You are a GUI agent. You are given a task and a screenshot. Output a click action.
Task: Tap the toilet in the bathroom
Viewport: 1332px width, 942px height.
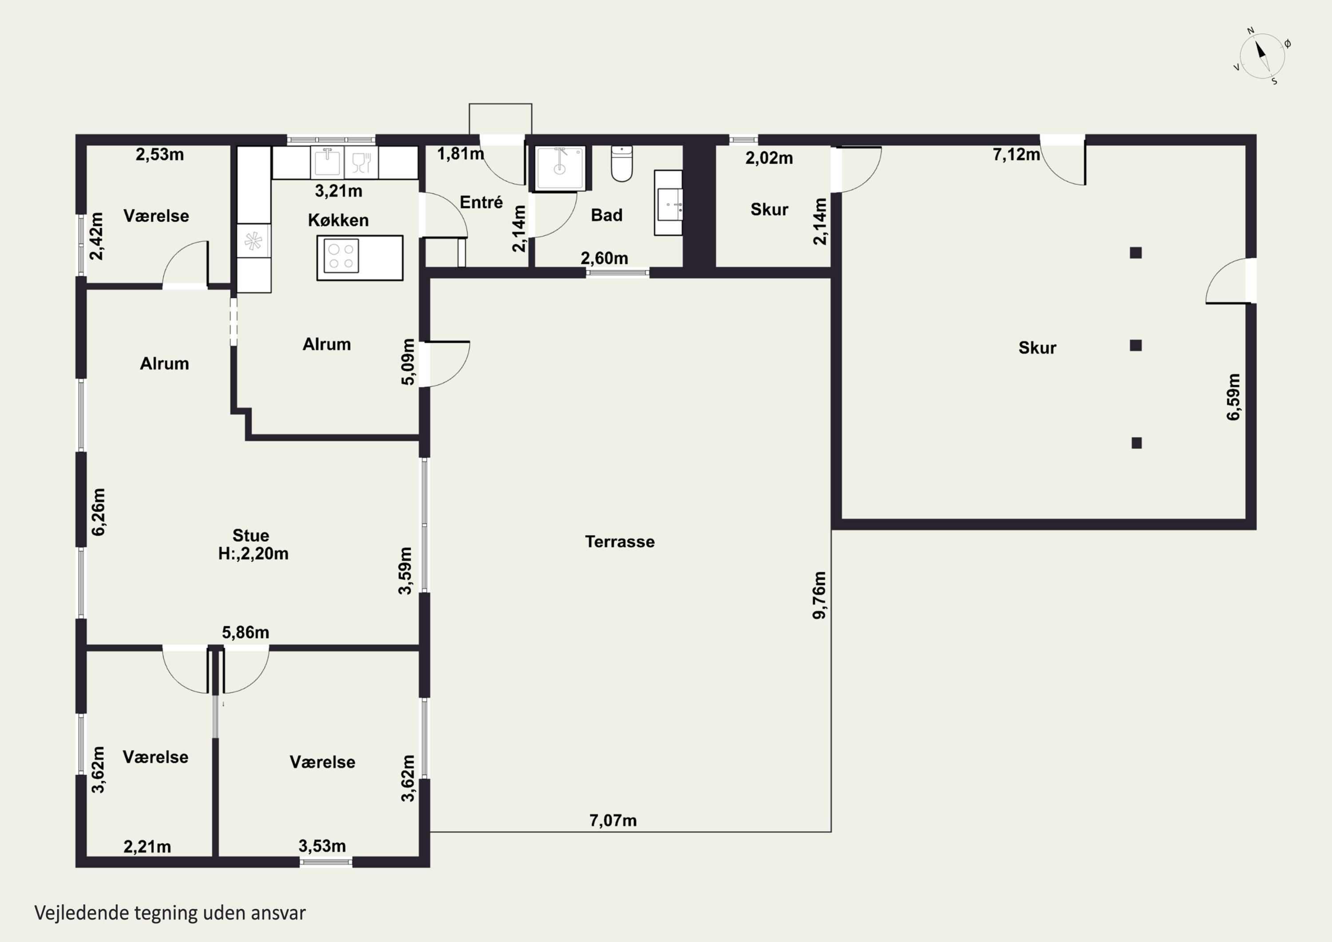(622, 164)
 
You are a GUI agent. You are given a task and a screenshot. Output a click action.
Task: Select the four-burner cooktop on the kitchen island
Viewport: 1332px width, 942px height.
(341, 256)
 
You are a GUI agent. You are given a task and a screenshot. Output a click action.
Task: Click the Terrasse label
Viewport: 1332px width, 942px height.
(619, 541)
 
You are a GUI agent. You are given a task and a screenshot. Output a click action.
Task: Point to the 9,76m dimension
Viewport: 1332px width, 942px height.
(819, 595)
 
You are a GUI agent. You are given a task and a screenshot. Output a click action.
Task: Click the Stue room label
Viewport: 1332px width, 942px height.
(250, 535)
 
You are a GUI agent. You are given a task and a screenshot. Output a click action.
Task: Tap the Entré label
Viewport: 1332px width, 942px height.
(481, 202)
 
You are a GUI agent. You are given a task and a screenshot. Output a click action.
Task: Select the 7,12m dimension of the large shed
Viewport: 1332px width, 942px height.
(1016, 155)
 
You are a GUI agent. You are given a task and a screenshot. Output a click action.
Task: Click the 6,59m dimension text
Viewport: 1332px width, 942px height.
(1233, 397)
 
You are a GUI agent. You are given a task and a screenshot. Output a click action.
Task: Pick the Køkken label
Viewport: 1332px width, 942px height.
(338, 220)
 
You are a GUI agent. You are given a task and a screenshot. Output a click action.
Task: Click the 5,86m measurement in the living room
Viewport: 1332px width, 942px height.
(246, 632)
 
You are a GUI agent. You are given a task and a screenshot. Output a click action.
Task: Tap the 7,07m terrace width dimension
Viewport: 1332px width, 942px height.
(613, 820)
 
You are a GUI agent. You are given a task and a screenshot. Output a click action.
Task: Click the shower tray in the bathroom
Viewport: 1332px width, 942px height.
(560, 168)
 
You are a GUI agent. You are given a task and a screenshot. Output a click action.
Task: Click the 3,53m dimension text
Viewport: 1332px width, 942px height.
(322, 846)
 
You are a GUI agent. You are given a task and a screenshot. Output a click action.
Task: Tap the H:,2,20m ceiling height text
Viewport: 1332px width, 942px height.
(253, 554)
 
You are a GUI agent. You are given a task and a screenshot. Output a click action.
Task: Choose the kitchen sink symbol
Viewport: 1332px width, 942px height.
(327, 162)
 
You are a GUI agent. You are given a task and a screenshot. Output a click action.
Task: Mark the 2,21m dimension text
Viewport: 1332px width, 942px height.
(147, 847)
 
